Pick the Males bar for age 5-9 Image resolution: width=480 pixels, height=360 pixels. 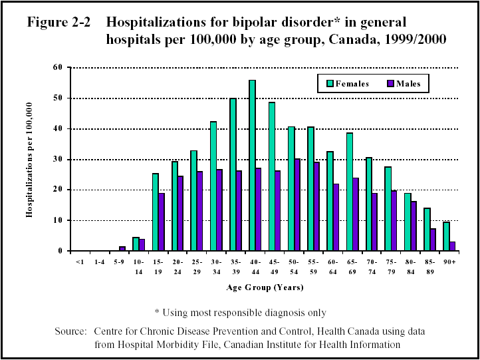click(x=122, y=249)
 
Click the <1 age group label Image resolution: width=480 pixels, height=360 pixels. click(x=79, y=262)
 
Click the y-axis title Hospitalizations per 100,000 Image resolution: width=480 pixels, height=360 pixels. click(x=29, y=160)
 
